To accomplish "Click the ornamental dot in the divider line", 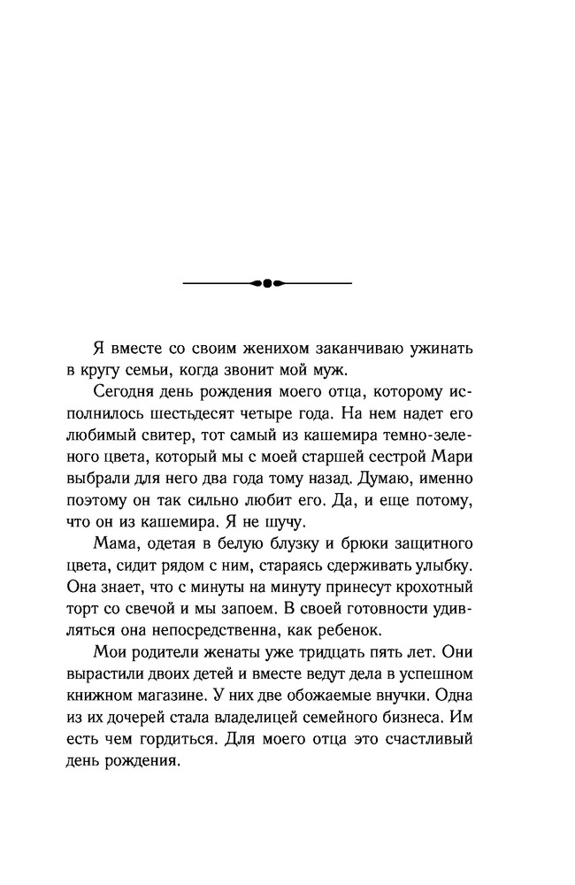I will [x=267, y=283].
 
